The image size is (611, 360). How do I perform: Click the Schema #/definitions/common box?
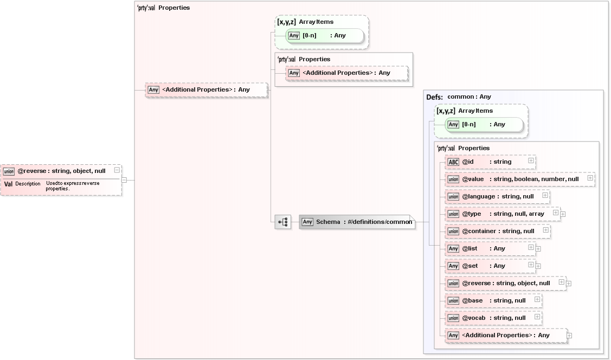(x=357, y=222)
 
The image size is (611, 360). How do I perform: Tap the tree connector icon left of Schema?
(x=282, y=222)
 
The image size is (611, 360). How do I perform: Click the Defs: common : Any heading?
(x=459, y=97)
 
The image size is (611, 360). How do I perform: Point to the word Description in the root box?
(x=28, y=184)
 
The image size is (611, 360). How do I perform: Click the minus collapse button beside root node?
(x=124, y=180)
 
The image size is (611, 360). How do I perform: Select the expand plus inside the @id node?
(x=531, y=161)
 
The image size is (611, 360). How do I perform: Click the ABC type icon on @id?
(x=453, y=162)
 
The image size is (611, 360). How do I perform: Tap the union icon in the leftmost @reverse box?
(x=9, y=171)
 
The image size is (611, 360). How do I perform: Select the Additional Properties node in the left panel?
(x=206, y=89)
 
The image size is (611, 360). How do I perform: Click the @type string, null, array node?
(x=502, y=214)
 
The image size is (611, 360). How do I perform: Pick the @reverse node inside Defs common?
(x=505, y=283)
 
